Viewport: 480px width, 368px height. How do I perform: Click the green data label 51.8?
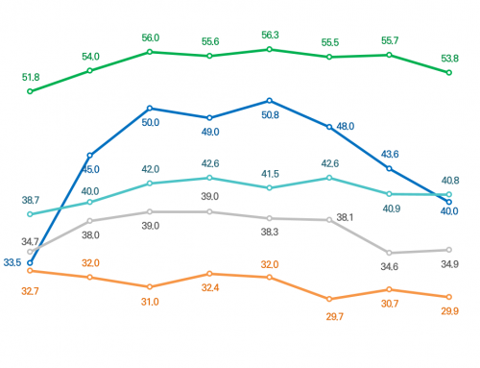[31, 77]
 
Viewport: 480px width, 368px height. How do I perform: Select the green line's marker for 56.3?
[270, 49]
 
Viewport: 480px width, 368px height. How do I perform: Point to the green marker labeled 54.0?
[90, 70]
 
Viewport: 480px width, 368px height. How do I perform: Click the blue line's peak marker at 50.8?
[270, 100]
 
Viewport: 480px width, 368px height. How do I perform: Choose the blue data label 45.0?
[90, 170]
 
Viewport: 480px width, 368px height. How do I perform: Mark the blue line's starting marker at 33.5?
[31, 262]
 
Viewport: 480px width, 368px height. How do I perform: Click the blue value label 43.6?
[390, 154]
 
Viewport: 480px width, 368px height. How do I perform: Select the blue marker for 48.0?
[329, 127]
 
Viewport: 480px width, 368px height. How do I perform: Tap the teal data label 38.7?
[31, 199]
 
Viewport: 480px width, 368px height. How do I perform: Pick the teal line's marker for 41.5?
[270, 188]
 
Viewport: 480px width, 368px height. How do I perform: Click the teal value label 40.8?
[448, 180]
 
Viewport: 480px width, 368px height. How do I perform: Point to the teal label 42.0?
[151, 168]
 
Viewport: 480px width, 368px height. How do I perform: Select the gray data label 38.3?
[270, 233]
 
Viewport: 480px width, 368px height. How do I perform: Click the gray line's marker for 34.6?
[389, 252]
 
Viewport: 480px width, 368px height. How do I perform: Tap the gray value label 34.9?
[448, 264]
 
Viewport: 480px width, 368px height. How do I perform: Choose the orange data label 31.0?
[151, 302]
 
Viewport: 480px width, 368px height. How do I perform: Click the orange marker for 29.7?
[329, 299]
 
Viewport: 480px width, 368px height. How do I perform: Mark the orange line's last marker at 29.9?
[448, 297]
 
